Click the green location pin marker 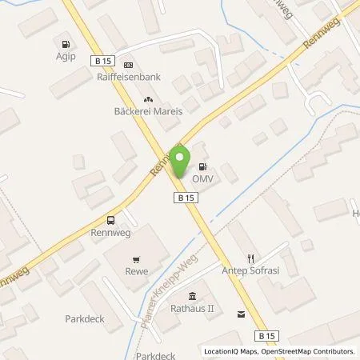click(x=181, y=161)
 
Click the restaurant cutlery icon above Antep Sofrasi click(x=250, y=258)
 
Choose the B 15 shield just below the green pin click(x=185, y=196)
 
